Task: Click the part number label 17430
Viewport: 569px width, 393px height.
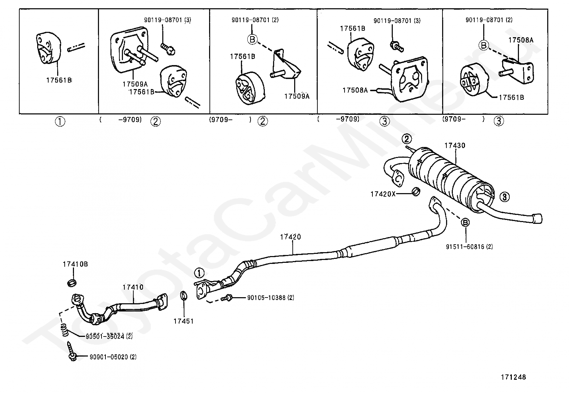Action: point(455,146)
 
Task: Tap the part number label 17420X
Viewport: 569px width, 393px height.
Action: point(383,194)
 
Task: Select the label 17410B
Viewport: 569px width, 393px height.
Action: point(75,264)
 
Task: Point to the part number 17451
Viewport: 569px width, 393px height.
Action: point(183,321)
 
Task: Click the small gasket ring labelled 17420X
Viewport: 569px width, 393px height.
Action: point(416,192)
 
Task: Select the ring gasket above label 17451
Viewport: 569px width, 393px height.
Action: point(184,296)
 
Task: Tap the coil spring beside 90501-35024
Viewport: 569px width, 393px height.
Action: point(64,330)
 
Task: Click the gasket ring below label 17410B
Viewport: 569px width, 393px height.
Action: point(72,283)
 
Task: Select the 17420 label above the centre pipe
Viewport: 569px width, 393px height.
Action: point(290,237)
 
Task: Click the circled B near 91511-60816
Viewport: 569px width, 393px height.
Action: point(465,222)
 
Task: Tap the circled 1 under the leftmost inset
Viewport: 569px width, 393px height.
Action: point(60,122)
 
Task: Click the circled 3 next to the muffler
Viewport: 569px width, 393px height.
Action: point(504,196)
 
